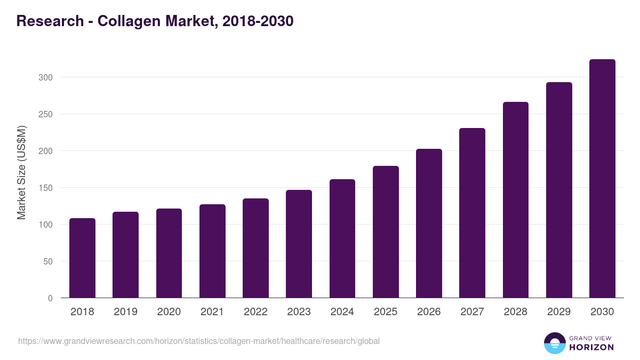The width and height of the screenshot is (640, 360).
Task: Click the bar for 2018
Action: coord(82,258)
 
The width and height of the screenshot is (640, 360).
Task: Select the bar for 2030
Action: coord(602,179)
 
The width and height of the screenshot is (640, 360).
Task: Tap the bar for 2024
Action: coord(342,238)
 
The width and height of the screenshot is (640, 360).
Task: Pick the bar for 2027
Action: coord(472,213)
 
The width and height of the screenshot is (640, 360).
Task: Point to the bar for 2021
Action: coord(212,251)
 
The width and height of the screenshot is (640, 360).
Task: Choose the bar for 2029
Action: coord(559,190)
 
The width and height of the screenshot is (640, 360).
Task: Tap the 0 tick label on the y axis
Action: coord(50,298)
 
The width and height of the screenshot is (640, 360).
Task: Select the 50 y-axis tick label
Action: coord(48,261)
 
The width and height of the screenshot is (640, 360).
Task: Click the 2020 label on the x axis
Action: coord(169,312)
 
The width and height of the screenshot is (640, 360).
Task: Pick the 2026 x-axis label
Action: coord(429,312)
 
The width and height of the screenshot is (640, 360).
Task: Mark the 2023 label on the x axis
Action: coord(299,312)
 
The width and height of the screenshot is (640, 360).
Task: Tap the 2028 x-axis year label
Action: coord(515,312)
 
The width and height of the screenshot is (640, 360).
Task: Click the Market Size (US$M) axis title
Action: coord(21,172)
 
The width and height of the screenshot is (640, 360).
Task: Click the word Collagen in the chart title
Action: coord(125,21)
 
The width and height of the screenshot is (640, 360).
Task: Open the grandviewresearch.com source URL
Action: coord(199,341)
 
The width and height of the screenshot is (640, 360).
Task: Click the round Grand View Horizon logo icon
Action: coord(554,343)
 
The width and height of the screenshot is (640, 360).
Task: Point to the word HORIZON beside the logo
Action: coord(591,347)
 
